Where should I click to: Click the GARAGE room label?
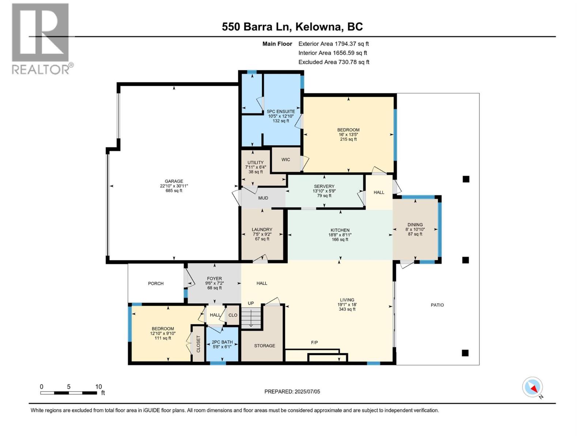pyautogui.click(x=174, y=181)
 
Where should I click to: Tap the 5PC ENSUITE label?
pyautogui.click(x=281, y=112)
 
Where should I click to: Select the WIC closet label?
pyautogui.click(x=286, y=160)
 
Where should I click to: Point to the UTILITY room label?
pyautogui.click(x=255, y=163)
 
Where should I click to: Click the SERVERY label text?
pyautogui.click(x=324, y=187)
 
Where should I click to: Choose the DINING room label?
pyautogui.click(x=415, y=225)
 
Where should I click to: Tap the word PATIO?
pyautogui.click(x=437, y=305)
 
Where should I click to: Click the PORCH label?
pyautogui.click(x=155, y=284)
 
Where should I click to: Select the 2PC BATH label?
pyautogui.click(x=222, y=342)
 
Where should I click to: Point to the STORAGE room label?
pyautogui.click(x=264, y=346)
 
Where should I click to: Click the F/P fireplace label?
pyautogui.click(x=314, y=342)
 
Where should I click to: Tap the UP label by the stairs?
pyautogui.click(x=251, y=303)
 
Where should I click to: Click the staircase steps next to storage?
pyautogui.click(x=251, y=318)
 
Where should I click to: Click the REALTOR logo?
pyautogui.click(x=41, y=38)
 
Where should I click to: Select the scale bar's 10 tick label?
pyautogui.click(x=98, y=387)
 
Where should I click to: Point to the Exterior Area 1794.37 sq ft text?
pyautogui.click(x=333, y=44)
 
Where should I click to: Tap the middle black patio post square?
pyautogui.click(x=465, y=260)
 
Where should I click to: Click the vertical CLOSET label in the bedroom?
pyautogui.click(x=199, y=344)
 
